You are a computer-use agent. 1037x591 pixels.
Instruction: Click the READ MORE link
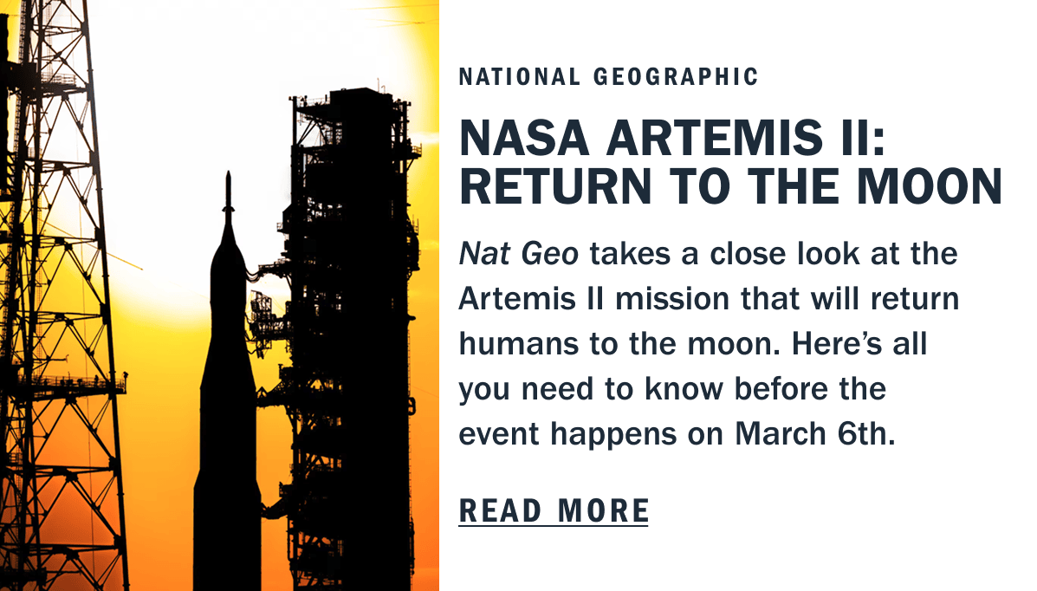[554, 511]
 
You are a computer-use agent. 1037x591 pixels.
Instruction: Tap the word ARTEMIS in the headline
[714, 139]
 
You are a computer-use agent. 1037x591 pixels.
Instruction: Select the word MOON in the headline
[930, 186]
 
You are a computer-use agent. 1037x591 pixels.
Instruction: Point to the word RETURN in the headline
[556, 186]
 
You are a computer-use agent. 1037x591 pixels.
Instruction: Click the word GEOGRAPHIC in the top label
[676, 77]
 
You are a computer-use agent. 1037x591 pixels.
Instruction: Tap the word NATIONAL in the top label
[520, 77]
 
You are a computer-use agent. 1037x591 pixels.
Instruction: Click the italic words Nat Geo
[518, 254]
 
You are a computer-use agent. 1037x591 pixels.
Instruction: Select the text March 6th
[814, 433]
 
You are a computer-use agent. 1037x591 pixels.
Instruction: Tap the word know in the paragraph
[684, 388]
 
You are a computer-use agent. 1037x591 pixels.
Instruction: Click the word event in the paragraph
[499, 433]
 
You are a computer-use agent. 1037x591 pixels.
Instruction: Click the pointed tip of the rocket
[228, 172]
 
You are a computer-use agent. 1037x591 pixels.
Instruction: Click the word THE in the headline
[793, 186]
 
